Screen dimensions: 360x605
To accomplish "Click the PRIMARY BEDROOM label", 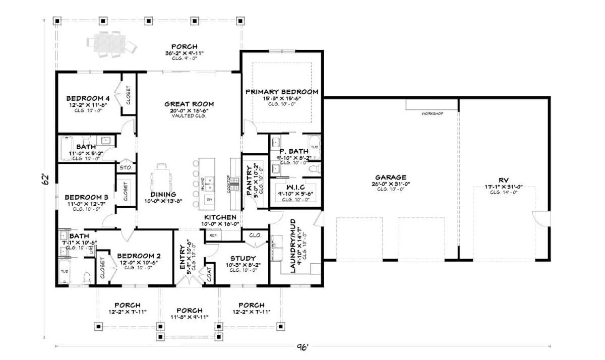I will pyautogui.click(x=282, y=92).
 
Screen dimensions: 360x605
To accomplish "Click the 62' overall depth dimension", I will pyautogui.click(x=45, y=179).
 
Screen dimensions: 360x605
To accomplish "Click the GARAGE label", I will pyautogui.click(x=390, y=177).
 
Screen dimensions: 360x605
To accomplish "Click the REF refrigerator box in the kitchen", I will pyautogui.click(x=213, y=235).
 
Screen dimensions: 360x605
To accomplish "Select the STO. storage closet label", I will pyautogui.click(x=125, y=167).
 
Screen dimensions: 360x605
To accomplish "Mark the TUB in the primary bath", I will pyautogui.click(x=314, y=146).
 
